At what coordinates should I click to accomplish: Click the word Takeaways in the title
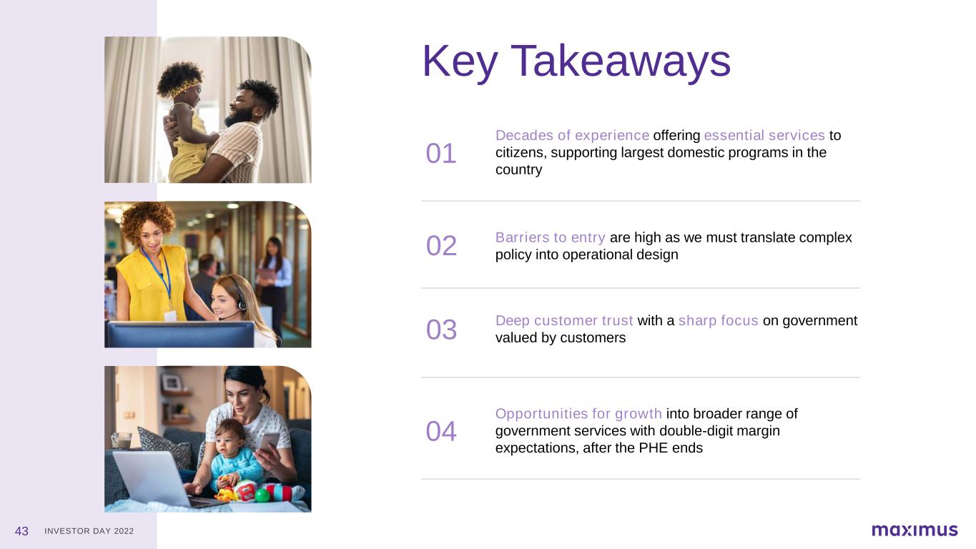pos(621,62)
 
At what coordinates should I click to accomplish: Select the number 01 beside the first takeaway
pos(441,154)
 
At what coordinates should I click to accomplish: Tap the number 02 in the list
pos(441,246)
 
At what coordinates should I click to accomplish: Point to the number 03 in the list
pos(441,330)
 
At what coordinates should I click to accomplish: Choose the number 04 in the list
pos(441,431)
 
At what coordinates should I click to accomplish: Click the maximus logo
pos(915,530)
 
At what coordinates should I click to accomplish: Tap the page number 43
pos(21,531)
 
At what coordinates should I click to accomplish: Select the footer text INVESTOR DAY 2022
pos(89,531)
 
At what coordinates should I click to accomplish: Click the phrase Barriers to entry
pos(551,237)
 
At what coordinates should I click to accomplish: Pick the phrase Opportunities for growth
pos(578,413)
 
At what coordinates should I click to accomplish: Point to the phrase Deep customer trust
pos(564,321)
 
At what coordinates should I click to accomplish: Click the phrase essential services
pos(764,136)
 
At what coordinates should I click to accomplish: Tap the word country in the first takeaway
pos(518,170)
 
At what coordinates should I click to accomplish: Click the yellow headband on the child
pos(184,88)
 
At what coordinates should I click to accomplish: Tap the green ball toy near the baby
pos(262,495)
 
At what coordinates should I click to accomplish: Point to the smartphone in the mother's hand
pos(268,442)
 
